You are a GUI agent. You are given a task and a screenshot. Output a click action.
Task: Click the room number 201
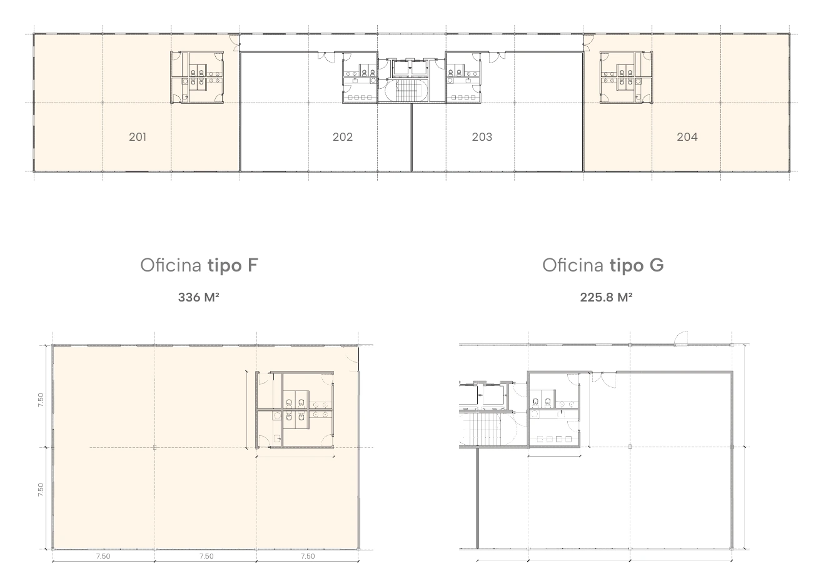click(x=138, y=137)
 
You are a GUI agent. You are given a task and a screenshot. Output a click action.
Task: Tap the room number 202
click(x=343, y=137)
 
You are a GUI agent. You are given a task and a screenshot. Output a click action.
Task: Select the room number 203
click(x=482, y=137)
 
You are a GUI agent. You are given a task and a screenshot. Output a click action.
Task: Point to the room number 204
click(x=687, y=137)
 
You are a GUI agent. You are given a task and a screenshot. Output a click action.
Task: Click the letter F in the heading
click(x=253, y=265)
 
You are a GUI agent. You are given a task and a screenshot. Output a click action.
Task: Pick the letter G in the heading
click(x=657, y=265)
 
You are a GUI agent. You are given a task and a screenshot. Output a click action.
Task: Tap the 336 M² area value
click(x=198, y=297)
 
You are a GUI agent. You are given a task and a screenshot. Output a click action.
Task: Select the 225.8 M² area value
click(x=606, y=297)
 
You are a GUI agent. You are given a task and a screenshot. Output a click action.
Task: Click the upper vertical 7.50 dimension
click(x=41, y=400)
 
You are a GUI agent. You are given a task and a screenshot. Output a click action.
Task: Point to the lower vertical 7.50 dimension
click(x=41, y=490)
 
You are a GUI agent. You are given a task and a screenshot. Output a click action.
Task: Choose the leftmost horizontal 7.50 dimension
click(x=103, y=556)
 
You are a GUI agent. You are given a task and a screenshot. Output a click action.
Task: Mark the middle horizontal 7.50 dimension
click(x=206, y=556)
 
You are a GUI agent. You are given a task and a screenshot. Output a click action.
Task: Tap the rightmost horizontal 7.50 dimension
click(x=308, y=556)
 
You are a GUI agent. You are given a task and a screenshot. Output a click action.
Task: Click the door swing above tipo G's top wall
click(x=681, y=338)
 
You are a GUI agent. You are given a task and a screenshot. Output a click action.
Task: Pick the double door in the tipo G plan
click(x=603, y=379)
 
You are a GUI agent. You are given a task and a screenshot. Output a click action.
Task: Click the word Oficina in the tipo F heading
click(x=171, y=265)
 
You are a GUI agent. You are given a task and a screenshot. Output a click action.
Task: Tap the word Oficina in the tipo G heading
click(x=573, y=265)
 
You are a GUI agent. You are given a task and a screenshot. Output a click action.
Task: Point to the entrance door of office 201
click(x=235, y=43)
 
